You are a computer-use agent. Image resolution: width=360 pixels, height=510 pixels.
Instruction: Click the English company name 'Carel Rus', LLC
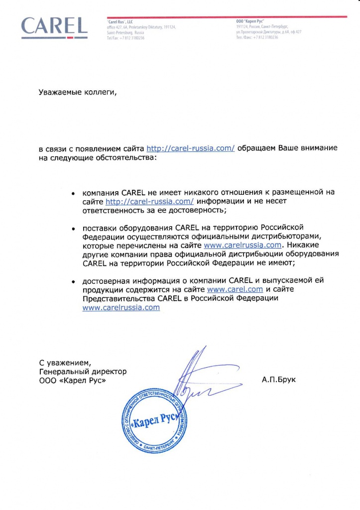[120, 22]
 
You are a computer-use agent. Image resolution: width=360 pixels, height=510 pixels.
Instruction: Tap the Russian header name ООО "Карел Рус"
[249, 22]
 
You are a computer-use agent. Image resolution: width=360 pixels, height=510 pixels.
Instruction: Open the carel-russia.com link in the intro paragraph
[191, 148]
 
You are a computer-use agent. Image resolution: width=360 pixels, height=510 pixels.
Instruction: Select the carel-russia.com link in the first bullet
[149, 201]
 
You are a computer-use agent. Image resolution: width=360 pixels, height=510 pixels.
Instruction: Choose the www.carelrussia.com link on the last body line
[121, 307]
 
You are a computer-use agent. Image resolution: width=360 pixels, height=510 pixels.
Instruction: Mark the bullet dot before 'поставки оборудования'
[73, 229]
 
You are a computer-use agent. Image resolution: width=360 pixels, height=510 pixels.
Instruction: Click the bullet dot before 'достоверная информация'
[73, 281]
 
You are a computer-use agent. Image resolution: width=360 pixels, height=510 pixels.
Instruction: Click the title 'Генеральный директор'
[83, 372]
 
